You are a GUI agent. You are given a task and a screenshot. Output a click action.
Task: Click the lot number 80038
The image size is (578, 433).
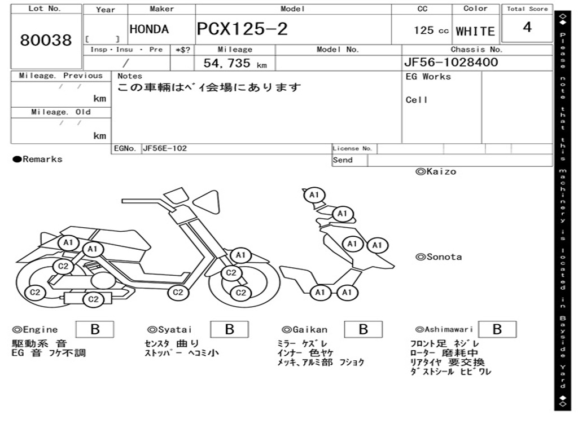pyautogui.click(x=46, y=40)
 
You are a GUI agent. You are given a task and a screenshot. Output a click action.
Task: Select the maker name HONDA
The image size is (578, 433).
pyautogui.click(x=149, y=29)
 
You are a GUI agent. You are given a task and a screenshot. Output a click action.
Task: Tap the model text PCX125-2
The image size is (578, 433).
pyautogui.click(x=242, y=29)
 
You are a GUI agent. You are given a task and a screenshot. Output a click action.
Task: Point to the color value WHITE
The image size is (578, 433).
pyautogui.click(x=475, y=32)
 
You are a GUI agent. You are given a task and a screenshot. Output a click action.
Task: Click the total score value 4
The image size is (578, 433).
pyautogui.click(x=527, y=27)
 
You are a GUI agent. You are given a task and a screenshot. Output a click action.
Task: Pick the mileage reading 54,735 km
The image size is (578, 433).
pyautogui.click(x=235, y=63)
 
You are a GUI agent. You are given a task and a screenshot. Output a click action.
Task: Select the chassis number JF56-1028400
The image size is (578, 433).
pyautogui.click(x=451, y=62)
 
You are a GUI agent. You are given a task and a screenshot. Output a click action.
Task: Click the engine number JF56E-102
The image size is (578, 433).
pyautogui.click(x=165, y=148)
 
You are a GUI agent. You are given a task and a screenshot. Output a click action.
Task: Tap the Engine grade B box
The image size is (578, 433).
pyautogui.click(x=95, y=329)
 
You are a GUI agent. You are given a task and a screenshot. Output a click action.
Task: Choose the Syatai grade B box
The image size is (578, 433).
pyautogui.click(x=229, y=329)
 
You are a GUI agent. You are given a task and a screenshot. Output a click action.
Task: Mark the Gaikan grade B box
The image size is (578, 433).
pyautogui.click(x=363, y=329)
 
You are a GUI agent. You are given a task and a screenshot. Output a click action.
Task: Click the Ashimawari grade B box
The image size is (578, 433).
pyautogui.click(x=497, y=329)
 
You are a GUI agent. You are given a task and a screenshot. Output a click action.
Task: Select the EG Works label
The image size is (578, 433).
pyautogui.click(x=428, y=77)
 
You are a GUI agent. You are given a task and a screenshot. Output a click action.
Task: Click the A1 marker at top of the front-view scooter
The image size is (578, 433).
pyautogui.click(x=314, y=195)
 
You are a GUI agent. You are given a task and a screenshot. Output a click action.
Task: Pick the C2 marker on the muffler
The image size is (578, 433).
pyautogui.click(x=93, y=299)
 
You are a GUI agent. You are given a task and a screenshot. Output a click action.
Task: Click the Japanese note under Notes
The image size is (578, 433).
pyautogui.click(x=209, y=87)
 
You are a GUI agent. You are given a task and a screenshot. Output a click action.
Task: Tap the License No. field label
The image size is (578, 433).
pyautogui.click(x=352, y=148)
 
